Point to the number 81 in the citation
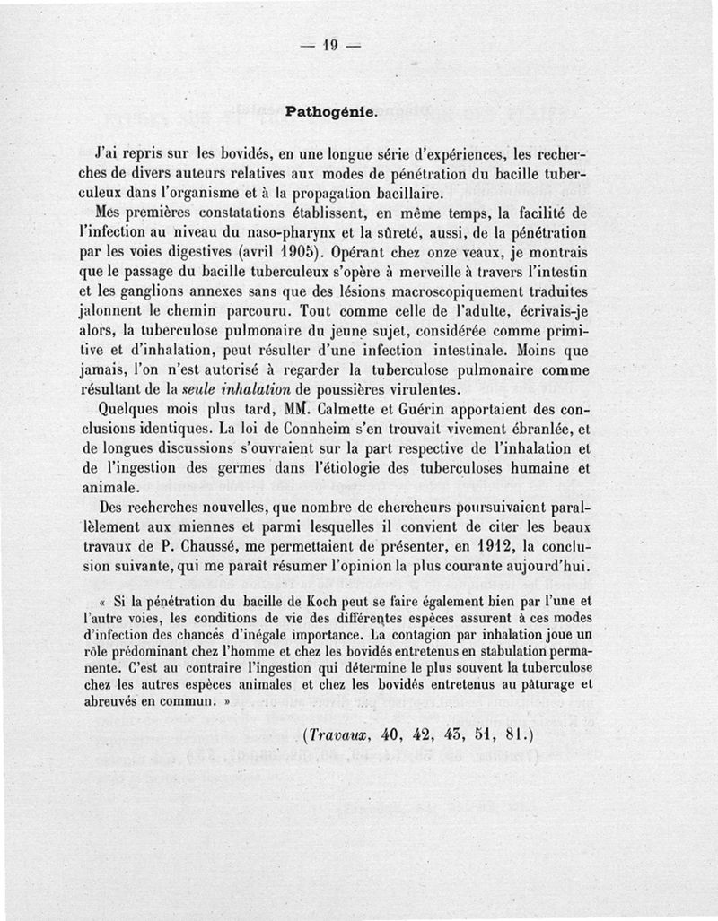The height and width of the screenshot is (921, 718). point(512,734)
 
